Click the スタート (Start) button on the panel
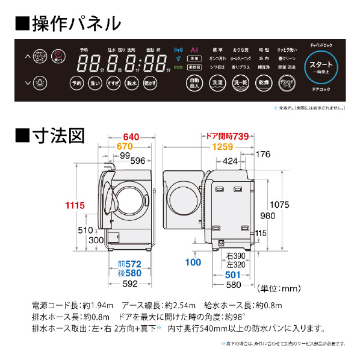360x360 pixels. point(322,66)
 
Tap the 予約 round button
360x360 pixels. point(76,82)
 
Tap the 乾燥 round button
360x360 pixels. point(262,82)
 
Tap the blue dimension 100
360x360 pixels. point(193,262)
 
